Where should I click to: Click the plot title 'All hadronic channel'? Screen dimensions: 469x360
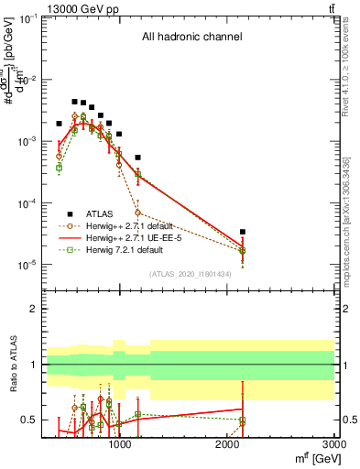pos(191,38)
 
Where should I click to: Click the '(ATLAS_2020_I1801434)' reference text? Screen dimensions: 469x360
pos(190,274)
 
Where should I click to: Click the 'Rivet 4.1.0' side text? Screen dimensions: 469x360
pos(353,64)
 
